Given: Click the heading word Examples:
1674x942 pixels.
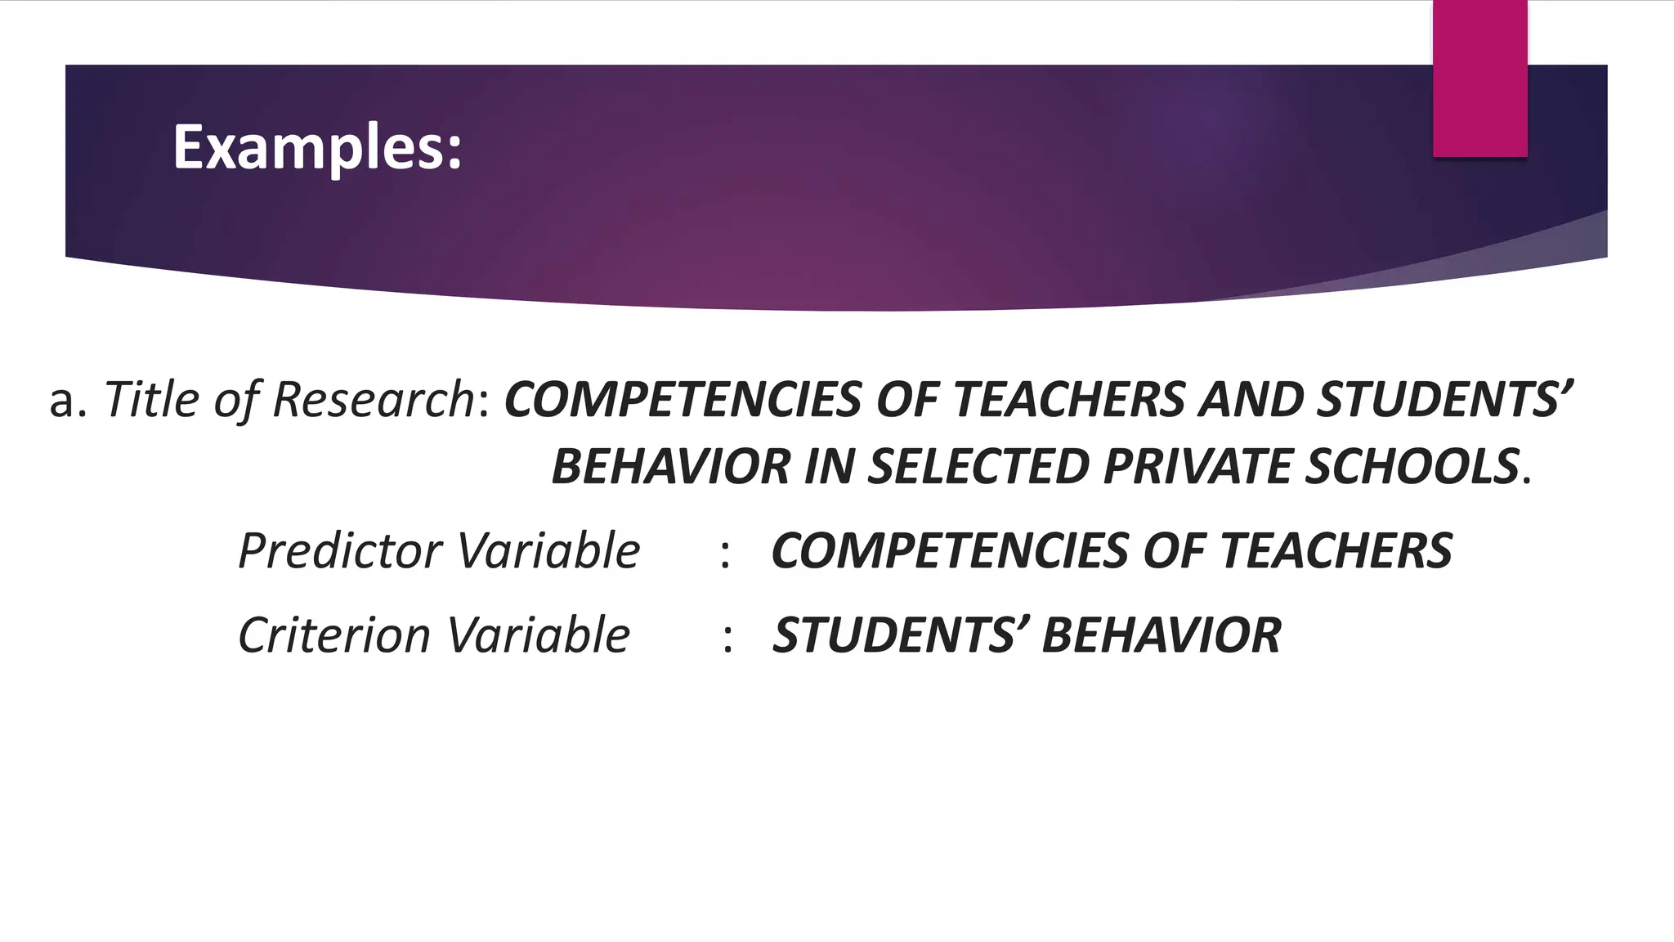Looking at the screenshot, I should coord(317,148).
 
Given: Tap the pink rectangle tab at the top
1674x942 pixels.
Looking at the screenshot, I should coord(1479,78).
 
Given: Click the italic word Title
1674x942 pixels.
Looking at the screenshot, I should coord(152,400).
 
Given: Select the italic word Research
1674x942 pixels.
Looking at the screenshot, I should coord(373,400).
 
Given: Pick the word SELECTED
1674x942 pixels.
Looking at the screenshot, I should coord(978,467).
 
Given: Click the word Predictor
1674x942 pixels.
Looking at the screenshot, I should coord(340,550).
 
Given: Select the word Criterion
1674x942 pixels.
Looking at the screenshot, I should coord(334,635).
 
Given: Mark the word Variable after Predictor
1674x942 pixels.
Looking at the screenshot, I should coord(548,550).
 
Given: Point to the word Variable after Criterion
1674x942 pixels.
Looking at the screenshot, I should coord(539,635).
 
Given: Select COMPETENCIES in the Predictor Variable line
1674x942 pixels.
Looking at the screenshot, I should coord(949,550).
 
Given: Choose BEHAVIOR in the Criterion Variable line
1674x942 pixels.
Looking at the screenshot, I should coord(1162,635).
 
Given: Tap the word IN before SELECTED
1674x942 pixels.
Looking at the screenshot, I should coord(830,467).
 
